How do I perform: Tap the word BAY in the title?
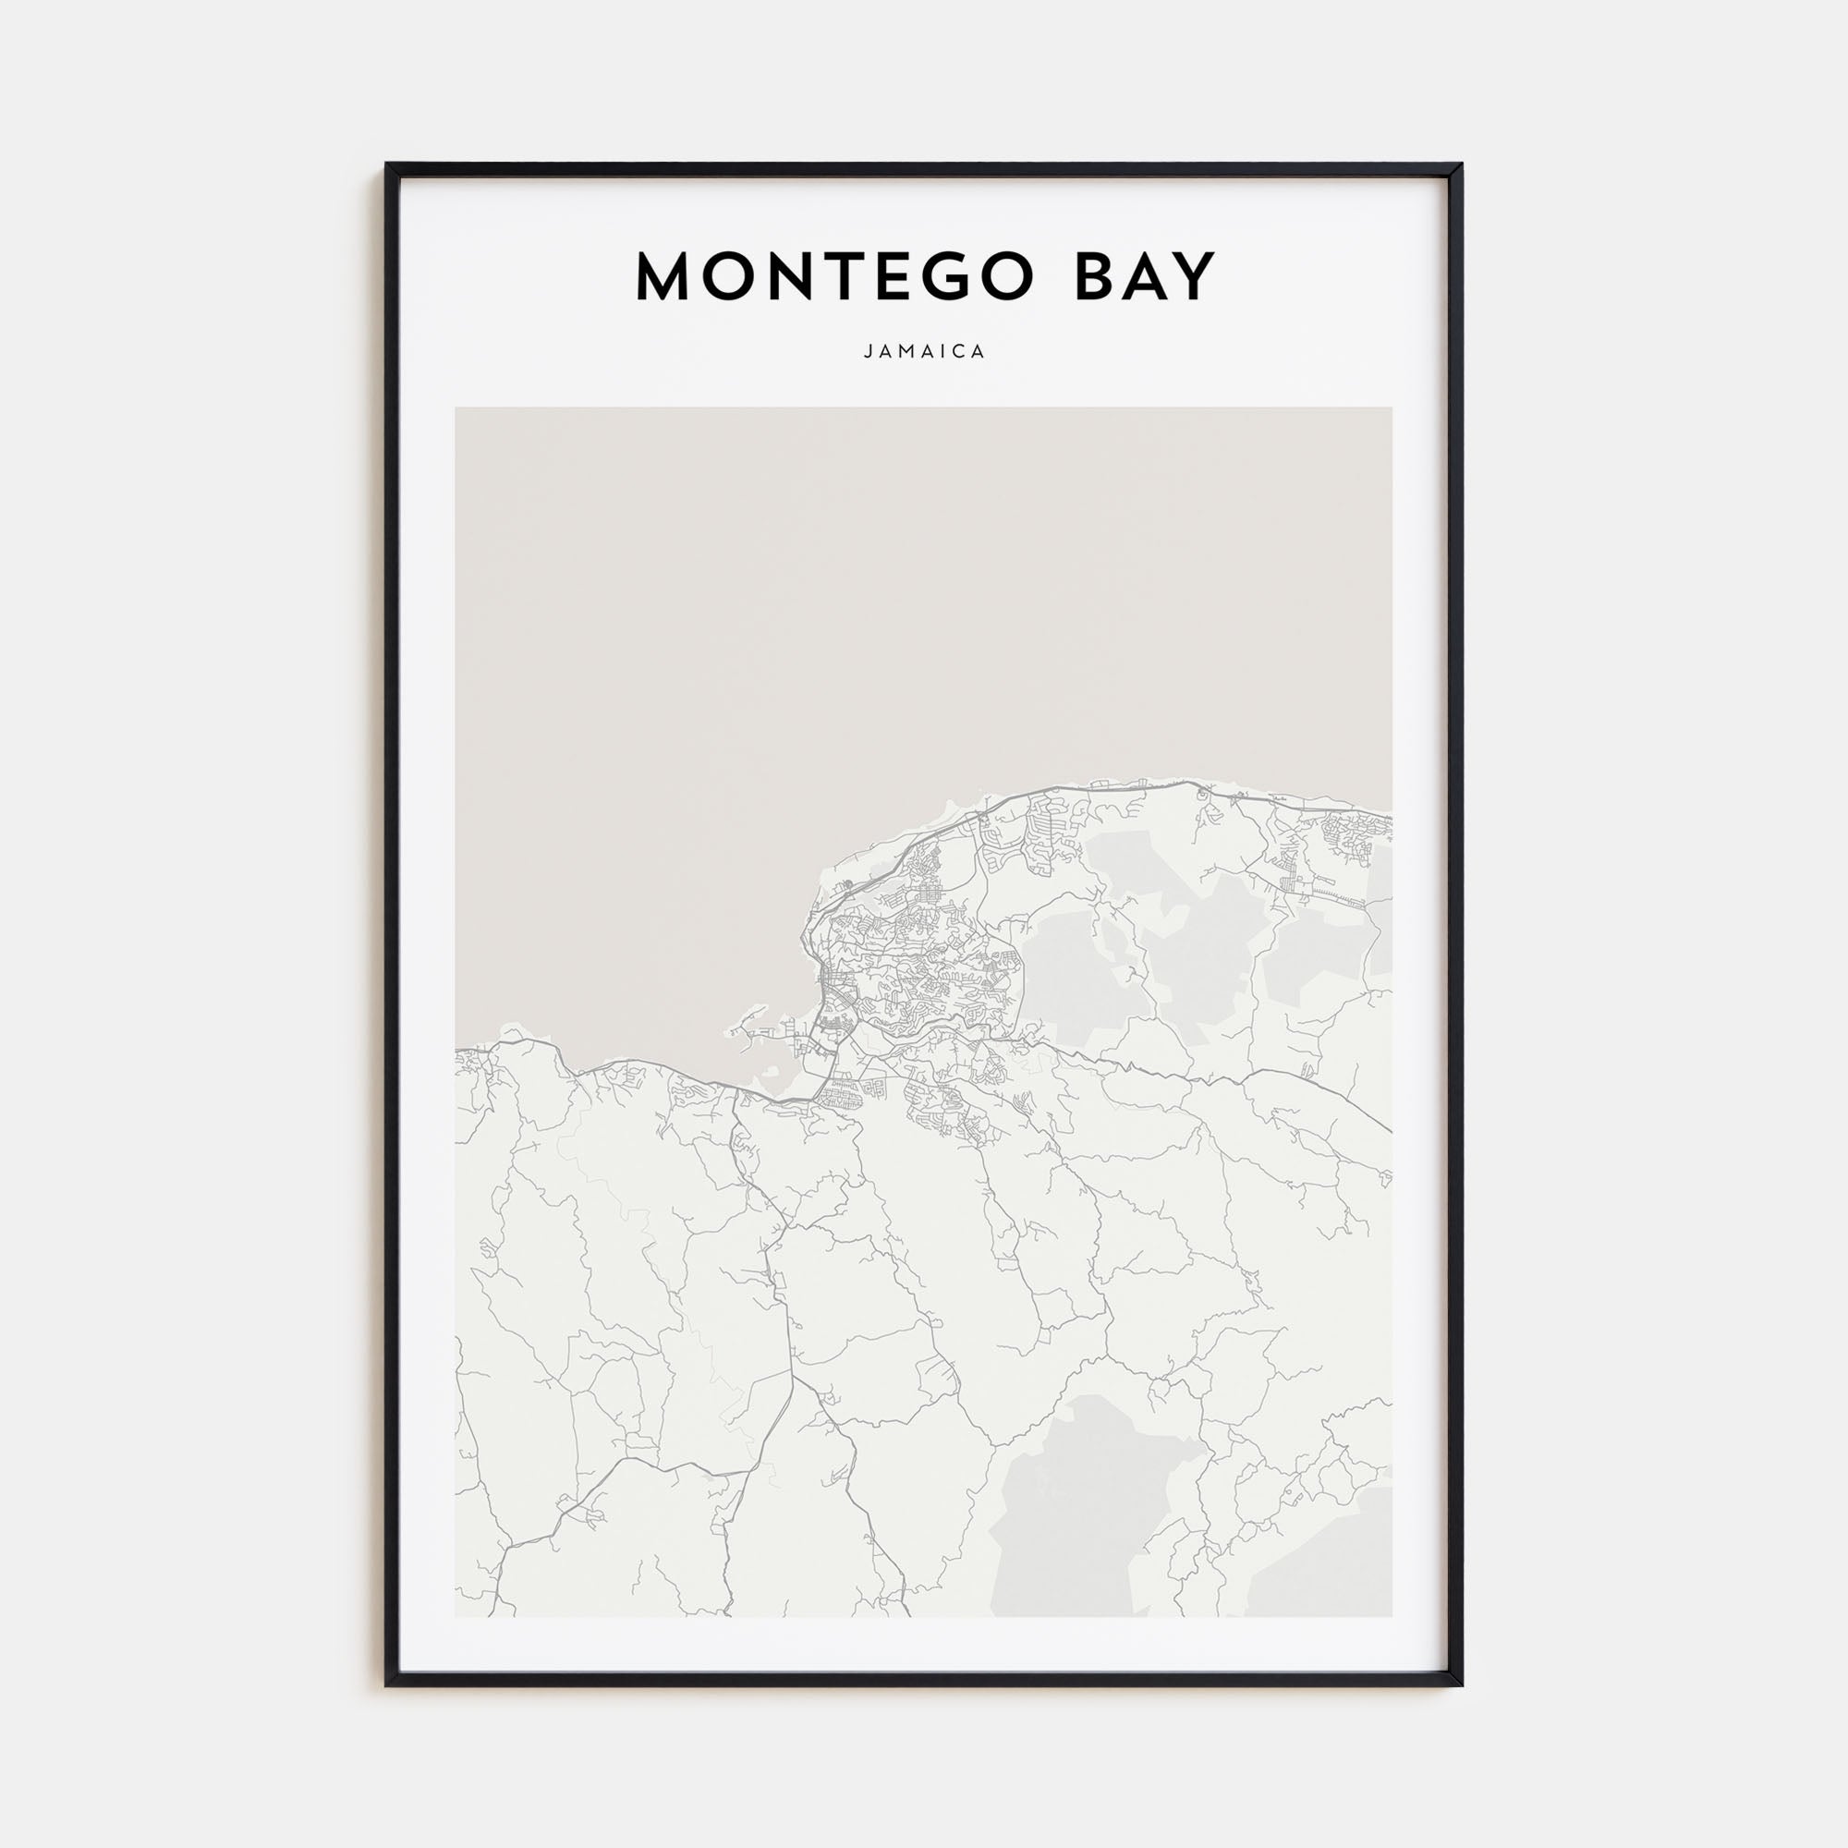pyautogui.click(x=1145, y=277)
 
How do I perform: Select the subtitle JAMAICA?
pyautogui.click(x=924, y=352)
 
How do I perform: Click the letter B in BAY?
pyautogui.click(x=1096, y=277)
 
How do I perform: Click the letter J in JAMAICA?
pyautogui.click(x=868, y=352)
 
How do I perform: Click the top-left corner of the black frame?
pyautogui.click(x=386, y=164)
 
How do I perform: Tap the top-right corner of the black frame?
pyautogui.click(x=1462, y=164)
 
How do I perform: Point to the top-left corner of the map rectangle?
pyautogui.click(x=456, y=407)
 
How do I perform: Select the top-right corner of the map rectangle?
pyautogui.click(x=1392, y=407)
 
